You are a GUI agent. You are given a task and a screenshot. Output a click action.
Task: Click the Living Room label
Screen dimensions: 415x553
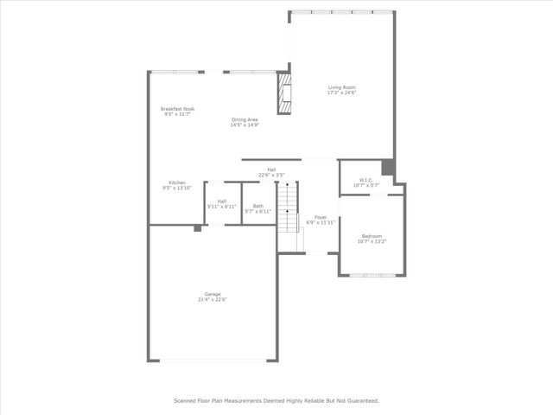click(x=342, y=87)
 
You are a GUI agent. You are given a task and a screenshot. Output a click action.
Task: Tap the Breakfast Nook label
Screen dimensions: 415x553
click(x=177, y=108)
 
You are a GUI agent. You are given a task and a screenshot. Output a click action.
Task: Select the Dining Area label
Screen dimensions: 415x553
click(x=245, y=119)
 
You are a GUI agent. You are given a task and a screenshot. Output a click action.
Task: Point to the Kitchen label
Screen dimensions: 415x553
click(x=177, y=182)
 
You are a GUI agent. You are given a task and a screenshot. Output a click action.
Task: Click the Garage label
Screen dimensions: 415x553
click(x=213, y=294)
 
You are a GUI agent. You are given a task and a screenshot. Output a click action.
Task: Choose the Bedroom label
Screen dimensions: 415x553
click(x=371, y=236)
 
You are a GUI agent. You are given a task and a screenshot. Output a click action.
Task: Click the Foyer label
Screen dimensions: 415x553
click(x=321, y=217)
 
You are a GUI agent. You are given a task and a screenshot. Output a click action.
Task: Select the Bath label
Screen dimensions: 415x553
click(x=258, y=206)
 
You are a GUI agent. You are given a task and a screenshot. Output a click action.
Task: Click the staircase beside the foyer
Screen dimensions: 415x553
click(x=288, y=215)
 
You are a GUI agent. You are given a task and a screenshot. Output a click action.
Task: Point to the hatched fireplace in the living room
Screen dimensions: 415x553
click(x=283, y=93)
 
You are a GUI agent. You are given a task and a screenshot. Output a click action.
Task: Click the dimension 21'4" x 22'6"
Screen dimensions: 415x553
click(x=213, y=299)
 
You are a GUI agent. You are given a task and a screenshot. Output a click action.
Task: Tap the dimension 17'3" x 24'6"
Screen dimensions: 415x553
click(x=342, y=93)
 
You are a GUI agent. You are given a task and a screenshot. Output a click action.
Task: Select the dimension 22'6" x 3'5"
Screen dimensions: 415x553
click(x=271, y=175)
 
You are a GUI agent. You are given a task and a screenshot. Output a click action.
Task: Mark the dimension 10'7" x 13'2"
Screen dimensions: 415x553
click(x=371, y=241)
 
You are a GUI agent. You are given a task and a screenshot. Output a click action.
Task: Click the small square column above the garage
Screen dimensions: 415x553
click(x=198, y=228)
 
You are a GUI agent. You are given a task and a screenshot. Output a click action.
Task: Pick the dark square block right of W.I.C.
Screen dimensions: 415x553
click(x=388, y=167)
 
